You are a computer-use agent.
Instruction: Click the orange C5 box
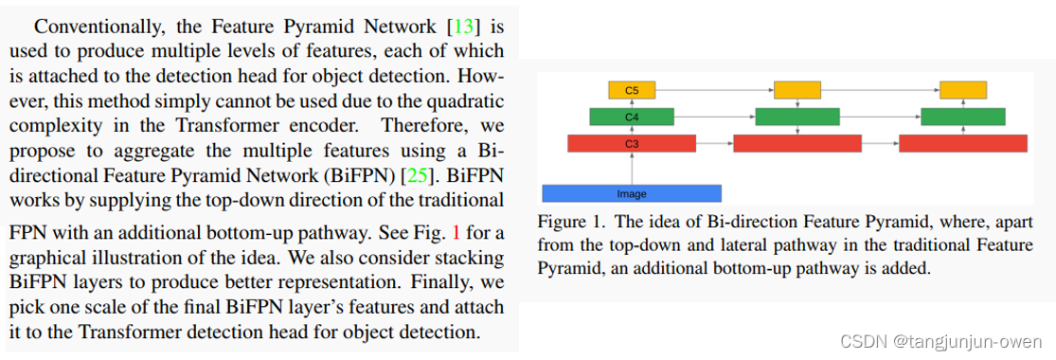pyautogui.click(x=632, y=90)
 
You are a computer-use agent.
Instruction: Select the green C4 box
pyautogui.click(x=632, y=117)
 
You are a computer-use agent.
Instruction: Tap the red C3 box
pyautogui.click(x=632, y=143)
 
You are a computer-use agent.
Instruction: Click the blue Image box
pyautogui.click(x=632, y=193)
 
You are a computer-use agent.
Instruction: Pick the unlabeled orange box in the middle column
pyautogui.click(x=797, y=90)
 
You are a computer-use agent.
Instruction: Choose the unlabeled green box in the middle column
pyautogui.click(x=797, y=117)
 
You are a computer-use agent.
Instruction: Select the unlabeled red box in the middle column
pyautogui.click(x=797, y=143)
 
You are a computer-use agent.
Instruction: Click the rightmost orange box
pyautogui.click(x=963, y=90)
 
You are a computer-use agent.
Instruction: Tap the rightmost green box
pyautogui.click(x=963, y=117)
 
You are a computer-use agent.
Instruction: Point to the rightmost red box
pyautogui.click(x=963, y=143)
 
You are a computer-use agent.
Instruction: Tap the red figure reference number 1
pyautogui.click(x=456, y=233)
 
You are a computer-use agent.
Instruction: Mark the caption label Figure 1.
pyautogui.click(x=569, y=223)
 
